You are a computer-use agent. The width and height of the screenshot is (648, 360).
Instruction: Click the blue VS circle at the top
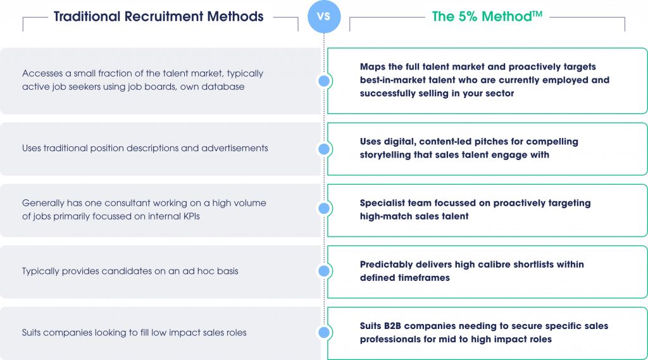(x=323, y=16)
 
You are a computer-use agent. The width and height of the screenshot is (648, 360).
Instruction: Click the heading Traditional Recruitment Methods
(x=158, y=17)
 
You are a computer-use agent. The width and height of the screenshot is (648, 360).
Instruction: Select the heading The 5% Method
(x=480, y=17)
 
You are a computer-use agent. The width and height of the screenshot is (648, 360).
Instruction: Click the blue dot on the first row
(x=324, y=81)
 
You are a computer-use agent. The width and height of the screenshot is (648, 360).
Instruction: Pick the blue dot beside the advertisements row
(x=324, y=149)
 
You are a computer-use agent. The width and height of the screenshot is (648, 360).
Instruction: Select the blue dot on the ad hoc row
(x=324, y=271)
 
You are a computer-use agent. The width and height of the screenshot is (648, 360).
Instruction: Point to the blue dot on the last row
(x=324, y=332)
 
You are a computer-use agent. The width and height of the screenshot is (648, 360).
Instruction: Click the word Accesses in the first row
(x=42, y=73)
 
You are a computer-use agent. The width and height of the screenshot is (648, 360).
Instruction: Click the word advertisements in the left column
(x=234, y=148)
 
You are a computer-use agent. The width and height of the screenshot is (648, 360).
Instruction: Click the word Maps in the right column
(x=372, y=66)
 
